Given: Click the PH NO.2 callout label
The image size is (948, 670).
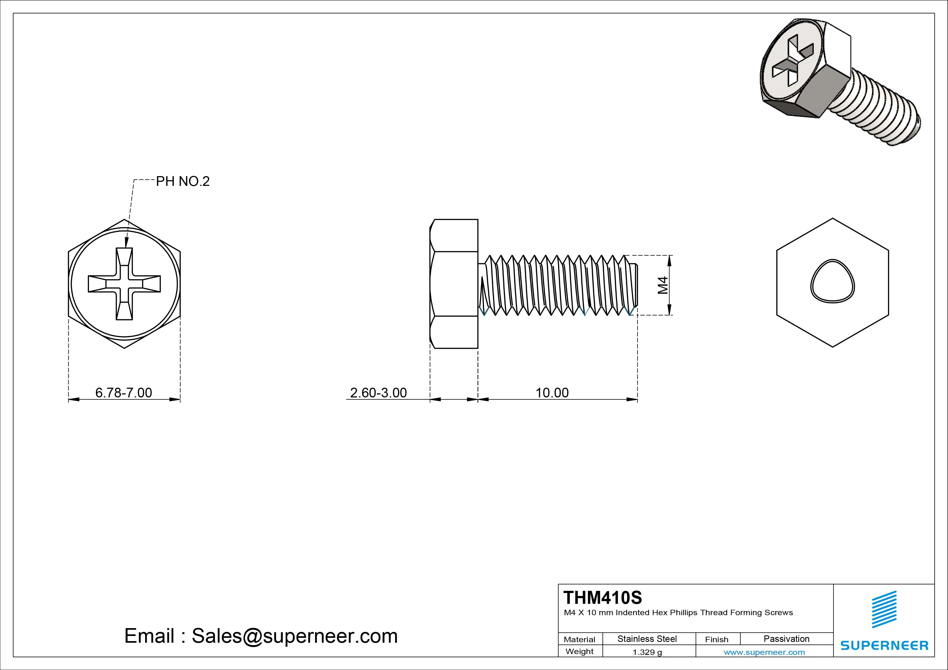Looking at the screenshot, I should click(182, 181).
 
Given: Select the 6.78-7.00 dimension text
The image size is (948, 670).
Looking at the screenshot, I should click(123, 393).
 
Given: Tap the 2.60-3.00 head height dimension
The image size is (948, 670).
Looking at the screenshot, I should click(378, 393).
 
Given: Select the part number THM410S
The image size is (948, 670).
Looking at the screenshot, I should click(602, 597).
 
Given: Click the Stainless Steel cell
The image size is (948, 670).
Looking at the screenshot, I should click(647, 639).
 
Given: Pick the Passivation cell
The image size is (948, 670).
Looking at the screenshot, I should click(786, 639).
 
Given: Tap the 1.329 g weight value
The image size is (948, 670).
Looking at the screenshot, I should click(647, 652).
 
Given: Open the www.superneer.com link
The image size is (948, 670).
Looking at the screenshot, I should click(764, 652).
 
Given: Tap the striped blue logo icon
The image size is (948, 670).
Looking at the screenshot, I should click(884, 609).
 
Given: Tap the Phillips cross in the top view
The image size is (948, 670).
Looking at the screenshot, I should click(124, 284).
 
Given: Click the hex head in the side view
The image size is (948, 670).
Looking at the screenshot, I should click(454, 284).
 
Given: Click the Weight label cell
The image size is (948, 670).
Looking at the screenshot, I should click(579, 651).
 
